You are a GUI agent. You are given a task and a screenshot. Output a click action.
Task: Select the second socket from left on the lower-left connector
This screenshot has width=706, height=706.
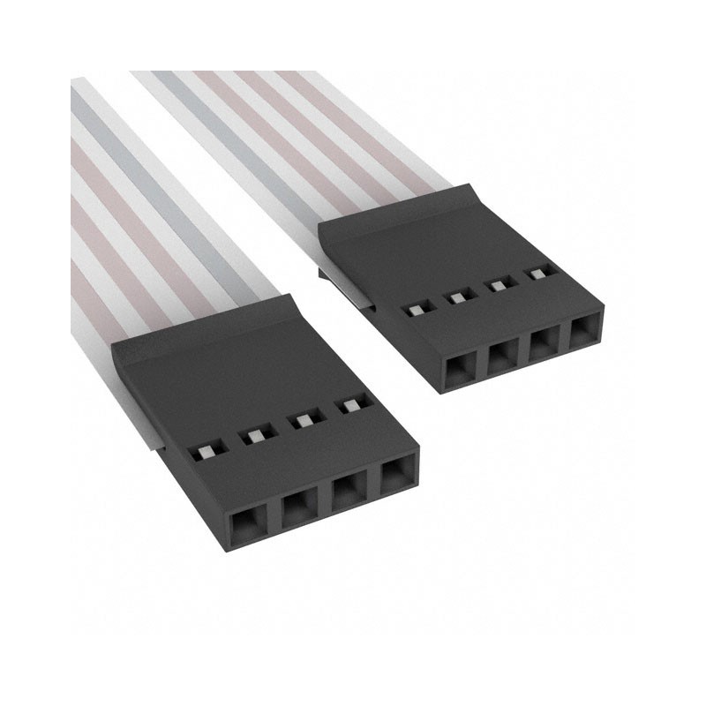(297, 511)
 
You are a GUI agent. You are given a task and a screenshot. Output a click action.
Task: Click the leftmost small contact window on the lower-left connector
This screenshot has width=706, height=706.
(203, 452)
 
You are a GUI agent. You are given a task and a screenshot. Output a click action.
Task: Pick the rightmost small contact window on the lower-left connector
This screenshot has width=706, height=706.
(351, 406)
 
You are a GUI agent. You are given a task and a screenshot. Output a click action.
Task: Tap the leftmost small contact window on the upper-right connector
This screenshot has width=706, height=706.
(414, 310)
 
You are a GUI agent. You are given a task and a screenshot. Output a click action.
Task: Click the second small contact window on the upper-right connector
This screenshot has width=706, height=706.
(457, 297)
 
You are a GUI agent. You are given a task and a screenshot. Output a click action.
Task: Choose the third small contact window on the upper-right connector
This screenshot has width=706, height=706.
(498, 285)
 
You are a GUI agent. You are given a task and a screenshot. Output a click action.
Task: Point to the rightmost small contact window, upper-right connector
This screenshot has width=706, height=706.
(537, 274)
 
